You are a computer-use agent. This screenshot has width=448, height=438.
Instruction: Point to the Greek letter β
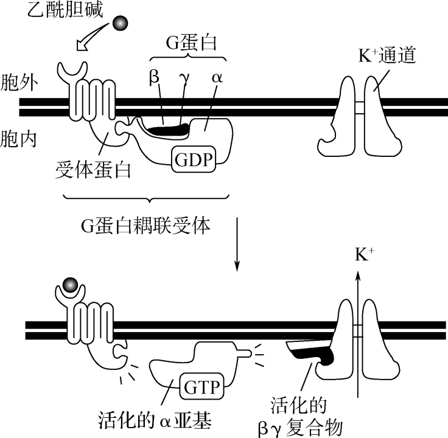(x=155, y=78)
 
